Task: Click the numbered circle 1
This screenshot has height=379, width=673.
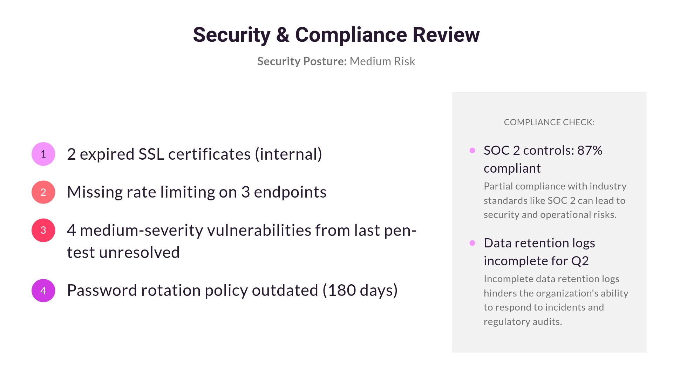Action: (x=43, y=154)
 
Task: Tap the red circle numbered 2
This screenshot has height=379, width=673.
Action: (x=43, y=192)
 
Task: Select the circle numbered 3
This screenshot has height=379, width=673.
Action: (x=43, y=230)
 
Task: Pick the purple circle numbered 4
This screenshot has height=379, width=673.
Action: (x=43, y=291)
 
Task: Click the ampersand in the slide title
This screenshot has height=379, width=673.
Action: (x=283, y=35)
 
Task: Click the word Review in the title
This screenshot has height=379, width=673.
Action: (x=446, y=35)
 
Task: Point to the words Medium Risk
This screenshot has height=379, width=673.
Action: (x=382, y=61)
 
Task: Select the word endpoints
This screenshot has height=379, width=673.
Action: (x=290, y=192)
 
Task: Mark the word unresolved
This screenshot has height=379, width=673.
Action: (x=139, y=253)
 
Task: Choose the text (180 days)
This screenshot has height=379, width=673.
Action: (x=360, y=291)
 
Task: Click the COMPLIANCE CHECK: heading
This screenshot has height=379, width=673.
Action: (x=549, y=122)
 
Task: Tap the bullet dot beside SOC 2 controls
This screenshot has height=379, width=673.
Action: (x=472, y=151)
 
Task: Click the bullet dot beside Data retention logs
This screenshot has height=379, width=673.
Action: (x=472, y=243)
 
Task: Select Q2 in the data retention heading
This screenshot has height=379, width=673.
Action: (x=580, y=261)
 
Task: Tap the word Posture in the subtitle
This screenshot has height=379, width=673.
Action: (x=325, y=61)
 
